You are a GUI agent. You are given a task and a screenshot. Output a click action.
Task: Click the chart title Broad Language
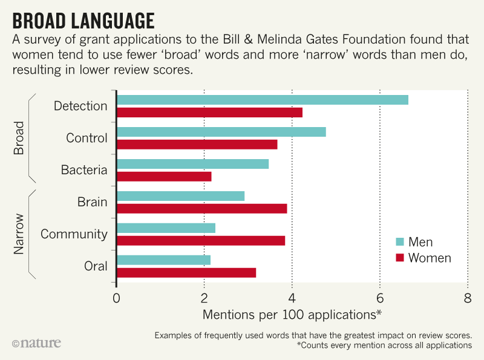[x=83, y=19]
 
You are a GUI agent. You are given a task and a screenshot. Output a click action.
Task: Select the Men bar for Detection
[x=262, y=100]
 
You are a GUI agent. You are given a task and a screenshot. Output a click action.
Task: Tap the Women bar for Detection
[x=209, y=112]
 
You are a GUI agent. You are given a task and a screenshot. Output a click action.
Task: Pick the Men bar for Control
[x=221, y=132]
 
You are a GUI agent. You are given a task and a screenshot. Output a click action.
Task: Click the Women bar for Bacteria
[x=164, y=176]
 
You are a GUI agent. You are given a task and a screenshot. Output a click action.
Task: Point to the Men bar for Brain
[x=180, y=196]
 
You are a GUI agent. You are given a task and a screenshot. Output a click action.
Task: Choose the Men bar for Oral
[x=163, y=260]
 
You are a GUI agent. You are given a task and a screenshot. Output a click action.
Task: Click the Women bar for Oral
[x=186, y=272]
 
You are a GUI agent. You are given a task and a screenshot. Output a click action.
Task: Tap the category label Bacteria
[x=84, y=170]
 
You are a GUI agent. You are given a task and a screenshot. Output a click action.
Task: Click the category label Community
[x=74, y=234]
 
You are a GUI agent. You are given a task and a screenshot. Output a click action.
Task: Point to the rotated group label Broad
[x=19, y=138]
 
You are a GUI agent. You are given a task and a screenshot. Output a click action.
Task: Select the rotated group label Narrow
[x=19, y=234]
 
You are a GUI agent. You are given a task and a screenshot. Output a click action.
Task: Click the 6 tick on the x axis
[x=380, y=298]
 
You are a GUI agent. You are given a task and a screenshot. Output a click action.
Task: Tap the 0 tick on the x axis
[x=116, y=298]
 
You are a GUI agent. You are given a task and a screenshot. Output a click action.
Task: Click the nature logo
[x=36, y=343]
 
